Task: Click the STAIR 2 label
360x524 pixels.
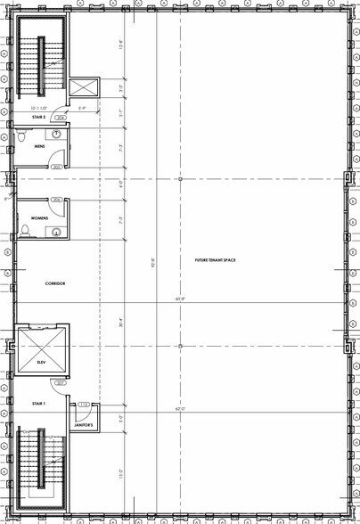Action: click(x=38, y=117)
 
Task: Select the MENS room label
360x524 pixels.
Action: click(x=39, y=146)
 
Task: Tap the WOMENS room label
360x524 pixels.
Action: click(x=39, y=217)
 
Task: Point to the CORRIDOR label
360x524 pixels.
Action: click(x=55, y=283)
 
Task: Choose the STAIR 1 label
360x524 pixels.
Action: click(x=38, y=403)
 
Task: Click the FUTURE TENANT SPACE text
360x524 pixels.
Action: click(x=217, y=260)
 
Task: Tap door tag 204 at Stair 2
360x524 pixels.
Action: click(x=61, y=117)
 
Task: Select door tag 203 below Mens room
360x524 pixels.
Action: click(x=56, y=167)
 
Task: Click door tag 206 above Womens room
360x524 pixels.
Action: click(x=56, y=200)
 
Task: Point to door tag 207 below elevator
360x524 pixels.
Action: click(x=61, y=384)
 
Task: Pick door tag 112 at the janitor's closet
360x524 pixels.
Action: click(x=85, y=405)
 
